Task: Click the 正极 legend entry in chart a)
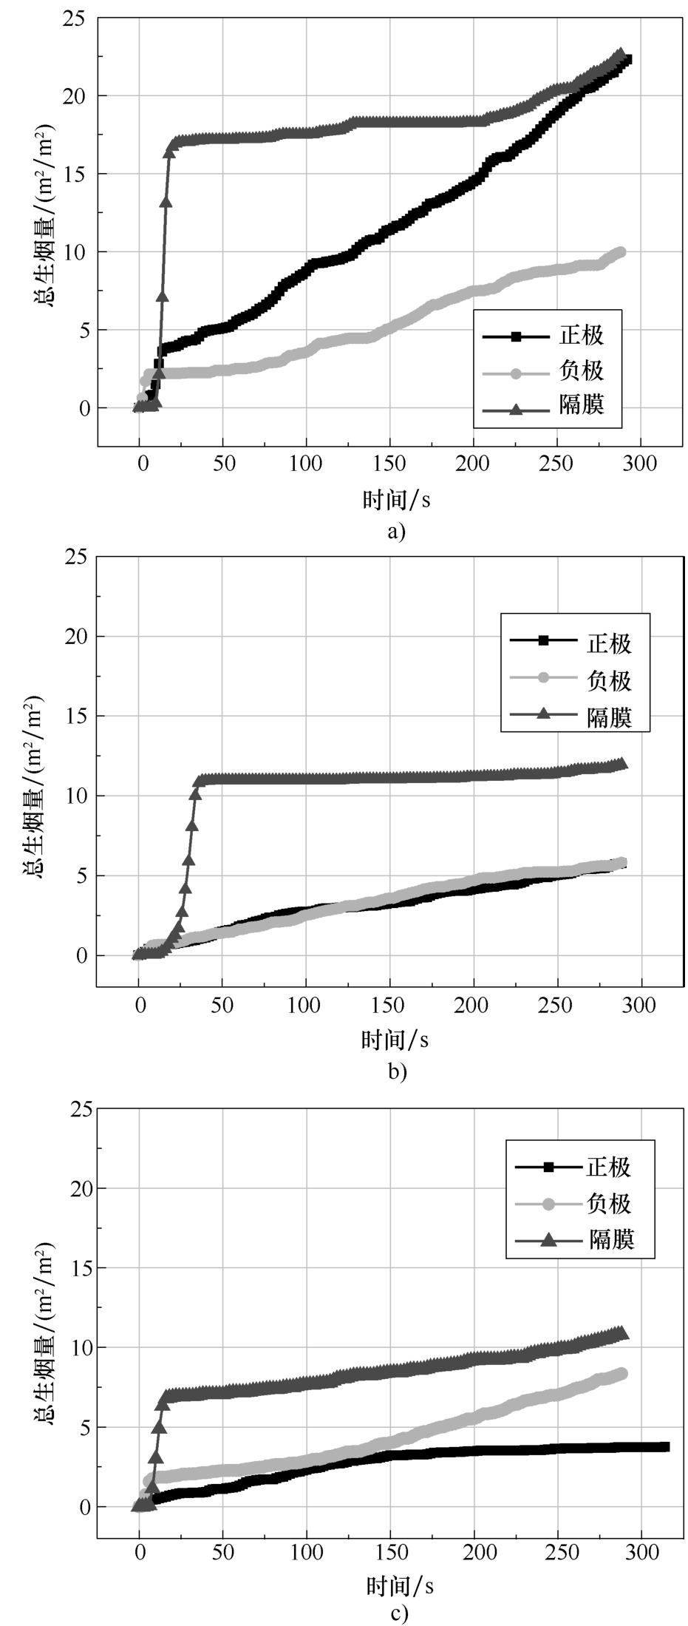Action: [547, 336]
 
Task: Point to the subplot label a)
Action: [397, 531]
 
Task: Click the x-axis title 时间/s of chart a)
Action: [396, 501]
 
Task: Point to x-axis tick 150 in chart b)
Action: [389, 1006]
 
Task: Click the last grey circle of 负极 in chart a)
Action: [620, 252]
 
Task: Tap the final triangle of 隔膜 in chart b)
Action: [621, 764]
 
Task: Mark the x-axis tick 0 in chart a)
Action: [140, 464]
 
